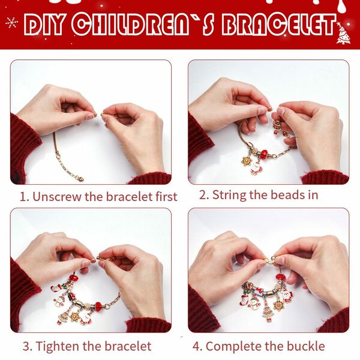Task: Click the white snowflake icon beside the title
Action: pyautogui.click(x=11, y=23)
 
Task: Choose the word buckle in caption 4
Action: pyautogui.click(x=306, y=346)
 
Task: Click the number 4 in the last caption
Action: pyautogui.click(x=196, y=346)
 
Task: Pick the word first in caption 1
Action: pyautogui.click(x=165, y=197)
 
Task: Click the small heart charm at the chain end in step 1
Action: pyautogui.click(x=80, y=178)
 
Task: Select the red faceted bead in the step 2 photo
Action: pyautogui.click(x=265, y=154)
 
